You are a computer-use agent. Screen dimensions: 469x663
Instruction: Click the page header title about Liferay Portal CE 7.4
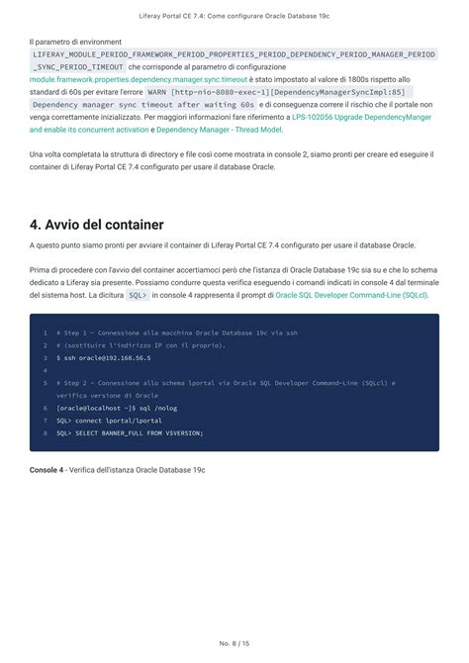(234, 17)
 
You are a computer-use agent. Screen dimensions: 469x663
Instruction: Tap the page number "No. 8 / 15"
(234, 643)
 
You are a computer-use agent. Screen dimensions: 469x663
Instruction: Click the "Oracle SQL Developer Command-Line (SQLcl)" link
(351, 295)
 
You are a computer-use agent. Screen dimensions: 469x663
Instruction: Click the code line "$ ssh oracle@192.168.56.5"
(103, 357)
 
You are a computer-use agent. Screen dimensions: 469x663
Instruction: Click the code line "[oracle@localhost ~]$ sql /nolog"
(117, 408)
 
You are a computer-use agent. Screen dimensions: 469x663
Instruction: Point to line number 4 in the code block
(45, 370)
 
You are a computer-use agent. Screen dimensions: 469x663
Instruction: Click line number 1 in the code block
(45, 332)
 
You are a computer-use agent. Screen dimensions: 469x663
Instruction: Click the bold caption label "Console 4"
(47, 468)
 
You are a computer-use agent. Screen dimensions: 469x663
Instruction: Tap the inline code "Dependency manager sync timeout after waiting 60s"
(143, 104)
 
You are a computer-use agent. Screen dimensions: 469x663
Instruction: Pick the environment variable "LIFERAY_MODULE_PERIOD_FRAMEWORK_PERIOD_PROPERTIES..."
(234, 54)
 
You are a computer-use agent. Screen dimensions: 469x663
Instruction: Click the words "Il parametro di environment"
(75, 42)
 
